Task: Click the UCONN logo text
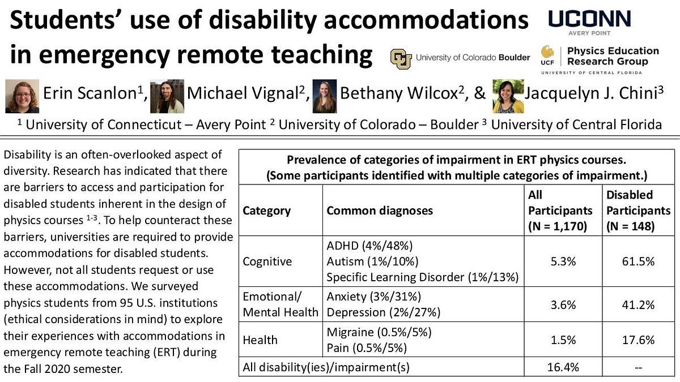click(589, 19)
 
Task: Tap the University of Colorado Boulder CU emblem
click(401, 58)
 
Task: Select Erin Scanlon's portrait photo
click(22, 96)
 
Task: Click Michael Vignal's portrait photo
click(167, 96)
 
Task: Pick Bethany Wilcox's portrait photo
click(325, 96)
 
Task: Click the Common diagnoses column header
click(379, 211)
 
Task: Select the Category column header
click(266, 211)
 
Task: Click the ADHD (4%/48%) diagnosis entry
click(369, 246)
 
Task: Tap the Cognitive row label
click(267, 261)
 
